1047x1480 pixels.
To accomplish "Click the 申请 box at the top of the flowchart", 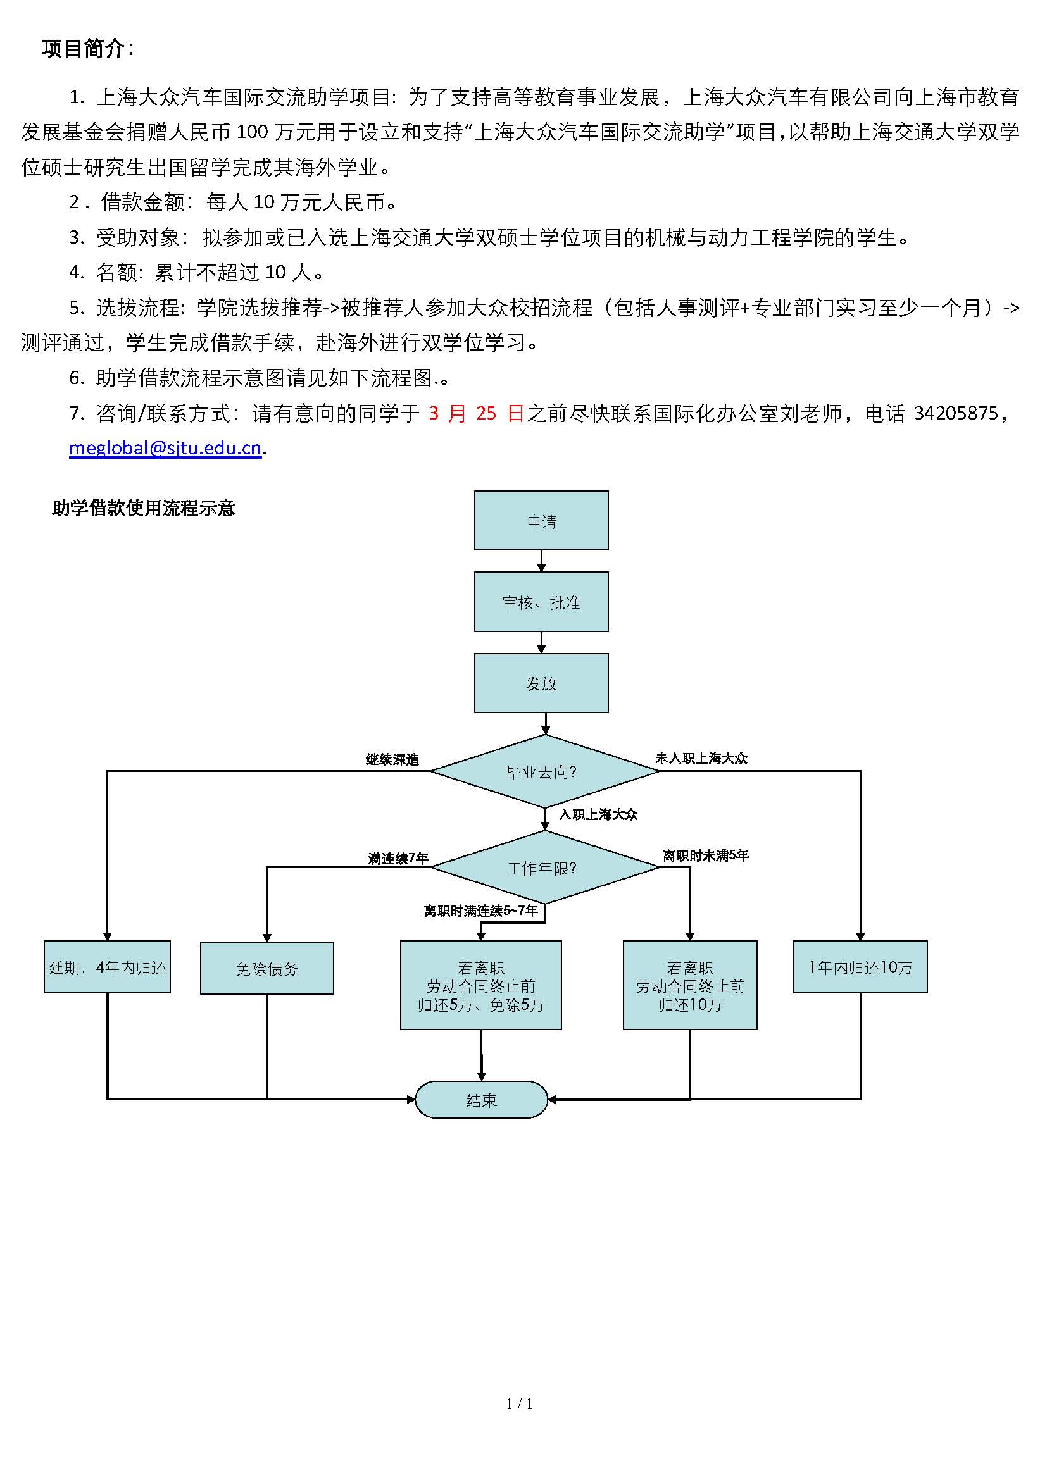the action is tap(541, 520).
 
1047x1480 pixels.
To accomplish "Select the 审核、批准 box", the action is tap(541, 601).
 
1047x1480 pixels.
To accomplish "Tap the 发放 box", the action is tap(541, 683).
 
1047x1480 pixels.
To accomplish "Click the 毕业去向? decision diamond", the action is tap(545, 771).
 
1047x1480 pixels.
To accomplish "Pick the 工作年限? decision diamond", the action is tap(545, 867).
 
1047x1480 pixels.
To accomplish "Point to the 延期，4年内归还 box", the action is tap(107, 967).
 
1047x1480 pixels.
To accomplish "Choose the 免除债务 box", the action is tap(267, 968).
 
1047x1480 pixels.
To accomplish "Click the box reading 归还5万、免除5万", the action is tap(481, 985).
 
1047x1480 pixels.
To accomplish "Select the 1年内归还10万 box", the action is tap(860, 967).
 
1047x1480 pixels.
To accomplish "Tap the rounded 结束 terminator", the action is tap(481, 1100).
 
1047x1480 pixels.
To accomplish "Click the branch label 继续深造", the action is tap(392, 759).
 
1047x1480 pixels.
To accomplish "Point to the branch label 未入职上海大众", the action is tap(701, 758).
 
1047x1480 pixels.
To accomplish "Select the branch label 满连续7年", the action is tap(398, 858).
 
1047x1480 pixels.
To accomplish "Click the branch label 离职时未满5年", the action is tap(705, 855).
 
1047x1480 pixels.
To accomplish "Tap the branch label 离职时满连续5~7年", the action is tap(480, 911).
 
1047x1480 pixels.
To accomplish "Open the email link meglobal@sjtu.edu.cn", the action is tap(165, 448).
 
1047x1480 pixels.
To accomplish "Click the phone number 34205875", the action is tap(956, 413).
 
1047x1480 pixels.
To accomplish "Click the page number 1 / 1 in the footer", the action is tap(520, 1404).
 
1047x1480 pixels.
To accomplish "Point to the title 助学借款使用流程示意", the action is tap(143, 509).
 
